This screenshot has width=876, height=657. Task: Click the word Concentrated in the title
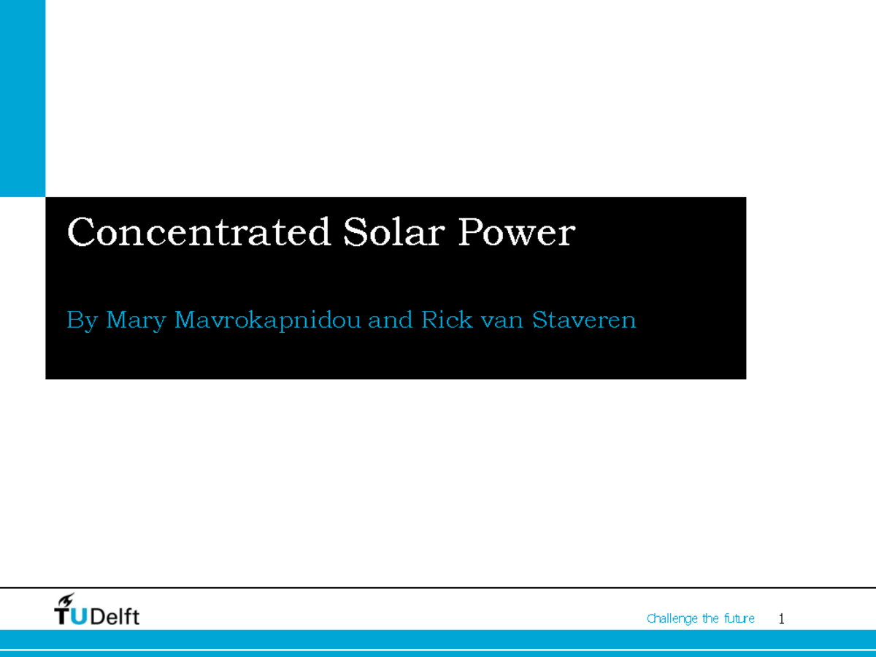tap(198, 233)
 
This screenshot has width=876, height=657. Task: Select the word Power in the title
tap(516, 233)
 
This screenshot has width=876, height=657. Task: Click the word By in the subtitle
tap(81, 320)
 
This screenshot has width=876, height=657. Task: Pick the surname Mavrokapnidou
tap(267, 320)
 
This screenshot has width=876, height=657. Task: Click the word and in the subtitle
tap(391, 320)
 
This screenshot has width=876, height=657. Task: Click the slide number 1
tap(781, 619)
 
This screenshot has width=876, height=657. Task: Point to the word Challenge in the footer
tap(672, 619)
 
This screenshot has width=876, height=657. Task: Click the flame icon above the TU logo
tap(67, 599)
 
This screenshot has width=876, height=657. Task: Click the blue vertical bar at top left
tap(23, 99)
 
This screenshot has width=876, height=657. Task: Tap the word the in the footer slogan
tap(710, 619)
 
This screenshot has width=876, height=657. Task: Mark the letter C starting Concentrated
tap(80, 233)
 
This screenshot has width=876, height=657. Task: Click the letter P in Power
tap(470, 233)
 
